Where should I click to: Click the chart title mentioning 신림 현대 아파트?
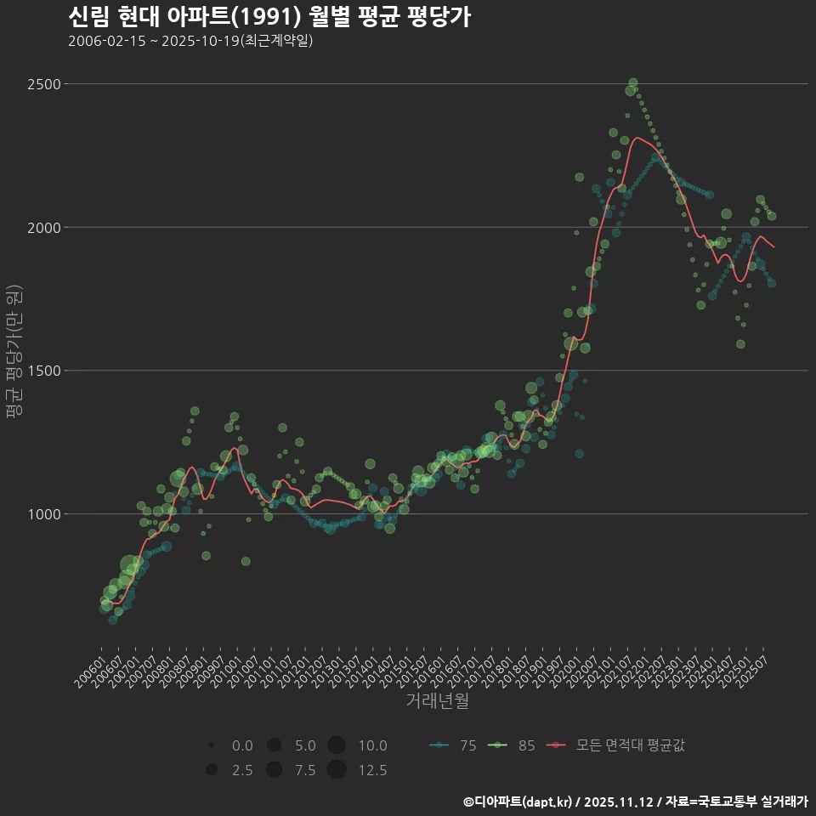[269, 17]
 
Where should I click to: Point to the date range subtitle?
[190, 41]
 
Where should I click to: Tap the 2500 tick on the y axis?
[43, 84]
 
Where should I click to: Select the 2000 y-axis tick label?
[43, 228]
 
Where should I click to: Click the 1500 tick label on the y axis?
[43, 371]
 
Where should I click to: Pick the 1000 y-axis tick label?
[43, 514]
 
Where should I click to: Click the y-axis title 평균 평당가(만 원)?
[14, 353]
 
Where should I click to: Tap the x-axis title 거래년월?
[438, 701]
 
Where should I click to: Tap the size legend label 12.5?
[372, 771]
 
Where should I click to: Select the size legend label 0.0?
[242, 746]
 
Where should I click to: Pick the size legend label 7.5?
[305, 771]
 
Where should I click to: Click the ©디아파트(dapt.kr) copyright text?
[519, 802]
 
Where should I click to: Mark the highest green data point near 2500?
[632, 83]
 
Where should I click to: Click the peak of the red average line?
[637, 138]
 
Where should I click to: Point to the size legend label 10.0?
[372, 746]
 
